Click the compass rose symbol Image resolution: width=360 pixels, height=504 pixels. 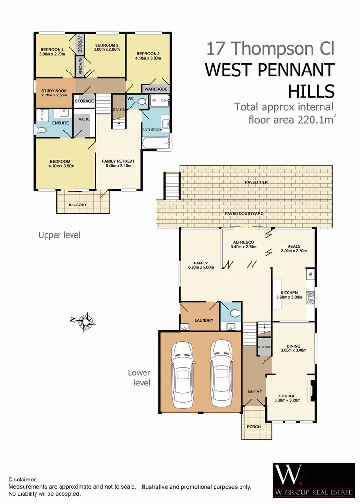click(84, 322)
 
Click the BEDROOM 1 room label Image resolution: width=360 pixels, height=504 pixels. click(62, 163)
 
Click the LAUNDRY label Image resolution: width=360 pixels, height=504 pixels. click(199, 320)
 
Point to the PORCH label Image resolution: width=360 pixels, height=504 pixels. click(253, 426)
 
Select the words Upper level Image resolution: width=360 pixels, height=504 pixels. click(59, 235)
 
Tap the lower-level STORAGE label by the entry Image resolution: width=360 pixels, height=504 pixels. click(264, 346)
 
